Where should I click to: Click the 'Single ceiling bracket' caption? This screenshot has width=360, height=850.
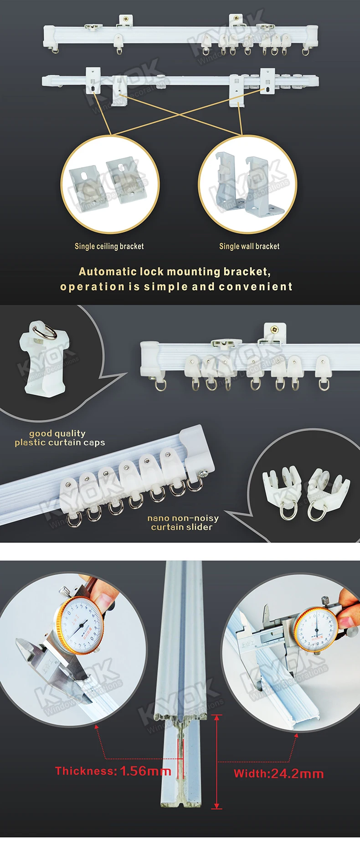(x=109, y=247)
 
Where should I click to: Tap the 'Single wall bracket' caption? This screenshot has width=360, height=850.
(x=249, y=247)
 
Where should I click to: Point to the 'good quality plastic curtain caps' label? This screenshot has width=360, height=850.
(x=60, y=438)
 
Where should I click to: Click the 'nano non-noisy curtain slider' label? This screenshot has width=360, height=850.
(x=182, y=523)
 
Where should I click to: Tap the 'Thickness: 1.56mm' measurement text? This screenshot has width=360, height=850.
(x=113, y=771)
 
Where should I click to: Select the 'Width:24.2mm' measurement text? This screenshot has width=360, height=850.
(x=278, y=773)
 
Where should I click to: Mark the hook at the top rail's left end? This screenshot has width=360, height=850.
(x=55, y=49)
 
